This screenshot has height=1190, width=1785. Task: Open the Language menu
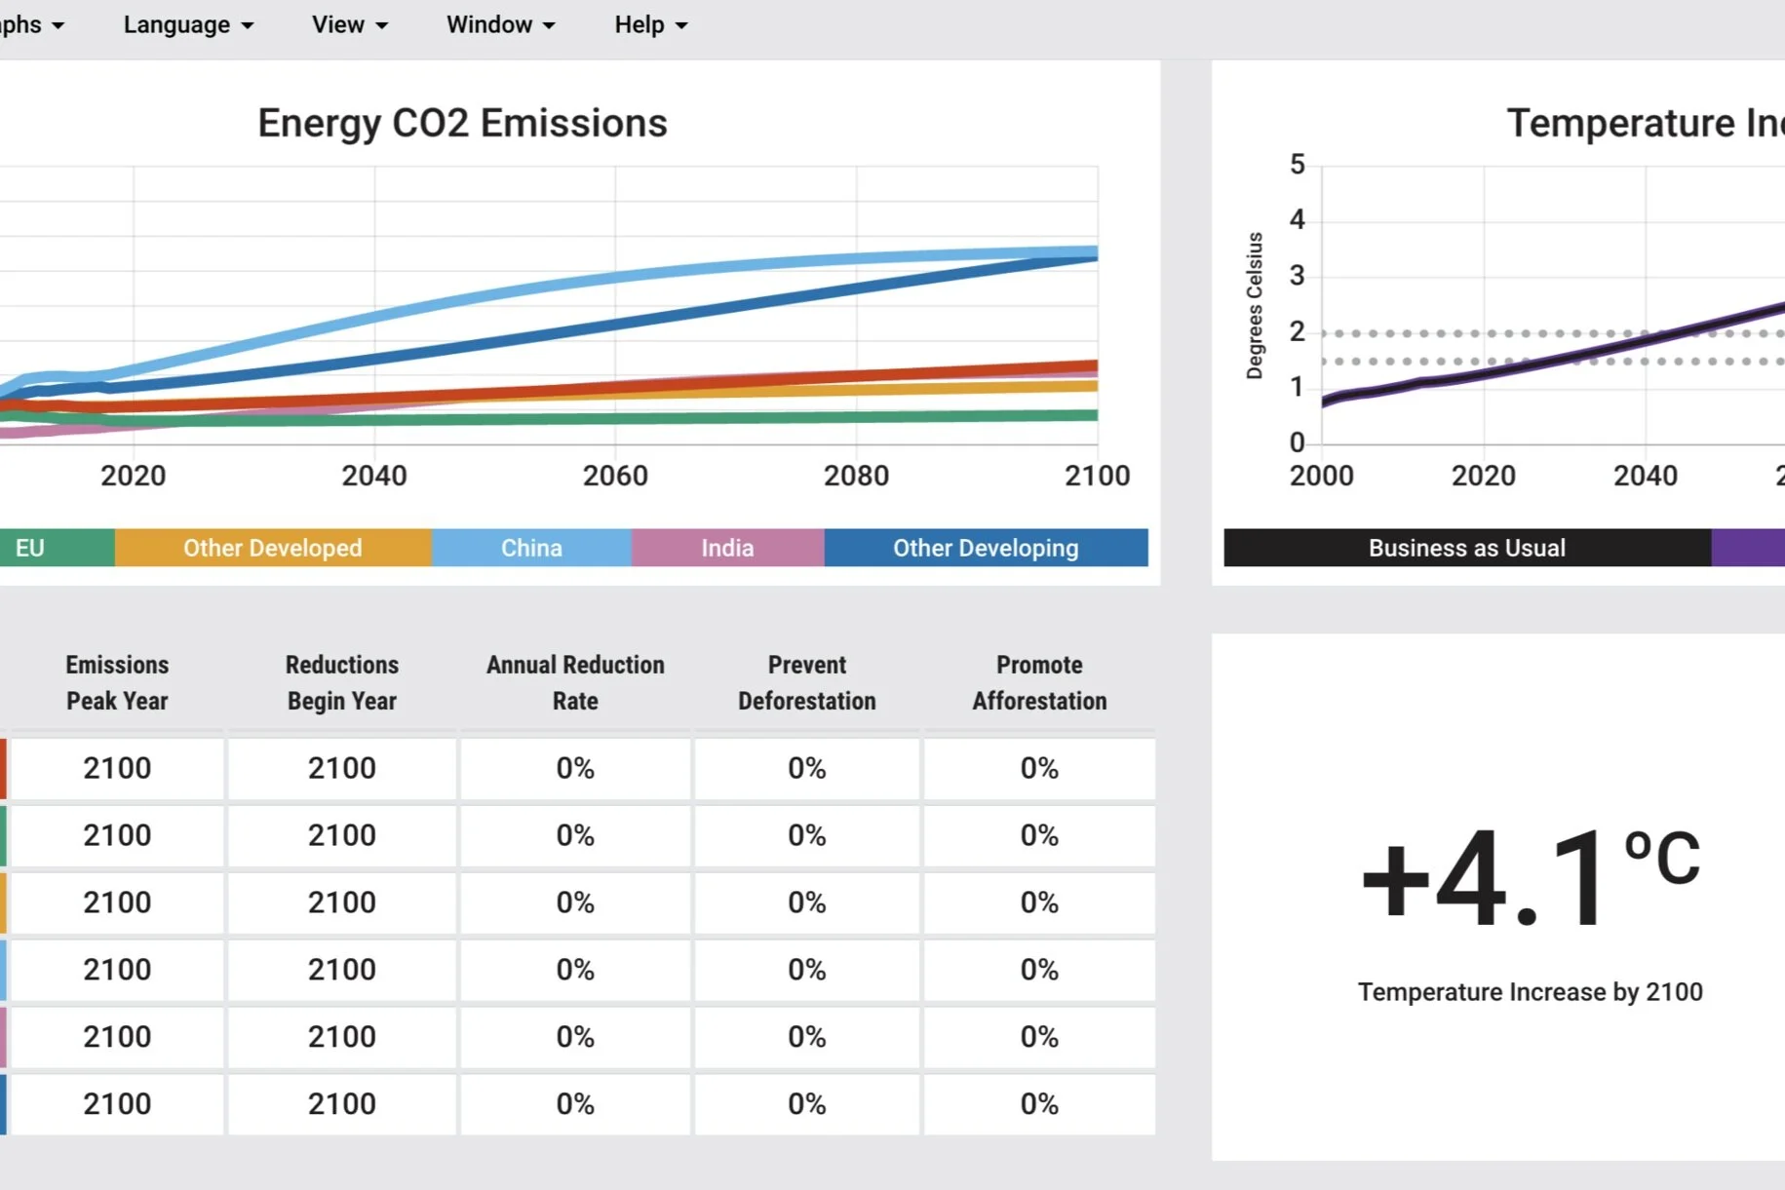(x=187, y=25)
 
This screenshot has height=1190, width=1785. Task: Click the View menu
(x=349, y=25)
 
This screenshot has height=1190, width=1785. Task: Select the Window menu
(x=500, y=25)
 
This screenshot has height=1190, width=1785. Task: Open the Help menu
(x=650, y=25)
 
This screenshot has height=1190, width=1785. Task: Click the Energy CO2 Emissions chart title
(x=462, y=124)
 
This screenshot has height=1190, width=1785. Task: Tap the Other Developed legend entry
(x=273, y=548)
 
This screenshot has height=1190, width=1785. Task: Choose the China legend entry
(x=531, y=548)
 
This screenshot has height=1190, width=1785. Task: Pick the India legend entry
(x=727, y=548)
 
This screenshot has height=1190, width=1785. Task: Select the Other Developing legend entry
(x=986, y=548)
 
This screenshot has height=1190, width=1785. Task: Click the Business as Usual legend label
(x=1466, y=548)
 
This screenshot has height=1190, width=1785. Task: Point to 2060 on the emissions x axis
(x=615, y=476)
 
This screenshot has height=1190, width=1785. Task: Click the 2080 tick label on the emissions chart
(x=856, y=476)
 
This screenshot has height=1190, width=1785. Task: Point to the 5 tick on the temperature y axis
(x=1297, y=165)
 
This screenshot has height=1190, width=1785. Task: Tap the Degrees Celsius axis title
(x=1255, y=305)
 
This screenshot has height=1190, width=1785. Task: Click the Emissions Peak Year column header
(x=117, y=682)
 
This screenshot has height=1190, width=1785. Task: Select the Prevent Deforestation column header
(x=807, y=682)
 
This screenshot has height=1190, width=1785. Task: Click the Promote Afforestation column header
(x=1039, y=682)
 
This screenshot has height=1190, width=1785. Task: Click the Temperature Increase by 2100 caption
(x=1530, y=992)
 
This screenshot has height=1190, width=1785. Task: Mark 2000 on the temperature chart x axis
(x=1321, y=476)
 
